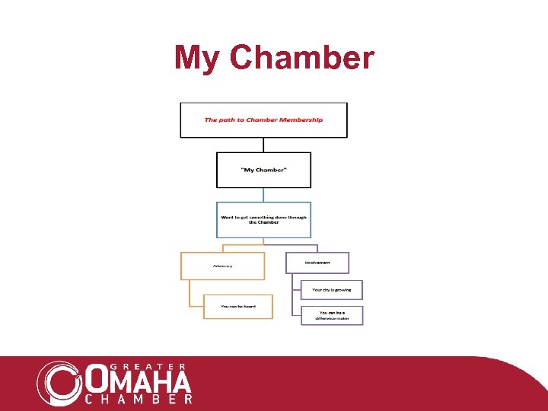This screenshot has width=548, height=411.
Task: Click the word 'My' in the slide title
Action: click(x=196, y=58)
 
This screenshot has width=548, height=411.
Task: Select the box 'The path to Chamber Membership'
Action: click(x=263, y=119)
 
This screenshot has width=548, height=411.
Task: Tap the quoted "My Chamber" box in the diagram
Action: click(x=263, y=170)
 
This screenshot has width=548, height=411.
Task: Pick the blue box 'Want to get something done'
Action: click(x=263, y=219)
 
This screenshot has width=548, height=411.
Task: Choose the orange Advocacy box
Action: click(x=222, y=266)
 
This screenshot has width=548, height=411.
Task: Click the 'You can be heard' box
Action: click(x=237, y=306)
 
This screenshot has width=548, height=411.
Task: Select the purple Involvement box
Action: click(x=317, y=263)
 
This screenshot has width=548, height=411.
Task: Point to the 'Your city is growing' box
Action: click(x=332, y=289)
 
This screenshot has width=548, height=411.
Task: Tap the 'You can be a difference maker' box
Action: click(x=332, y=315)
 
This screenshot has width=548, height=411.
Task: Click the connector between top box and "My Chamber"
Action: click(x=263, y=145)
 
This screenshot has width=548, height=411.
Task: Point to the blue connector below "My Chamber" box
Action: click(x=263, y=194)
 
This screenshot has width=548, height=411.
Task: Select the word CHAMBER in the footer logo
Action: click(x=139, y=398)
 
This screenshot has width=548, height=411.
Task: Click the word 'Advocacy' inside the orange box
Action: click(x=223, y=266)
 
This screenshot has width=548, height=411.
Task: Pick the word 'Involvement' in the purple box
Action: click(x=317, y=262)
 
